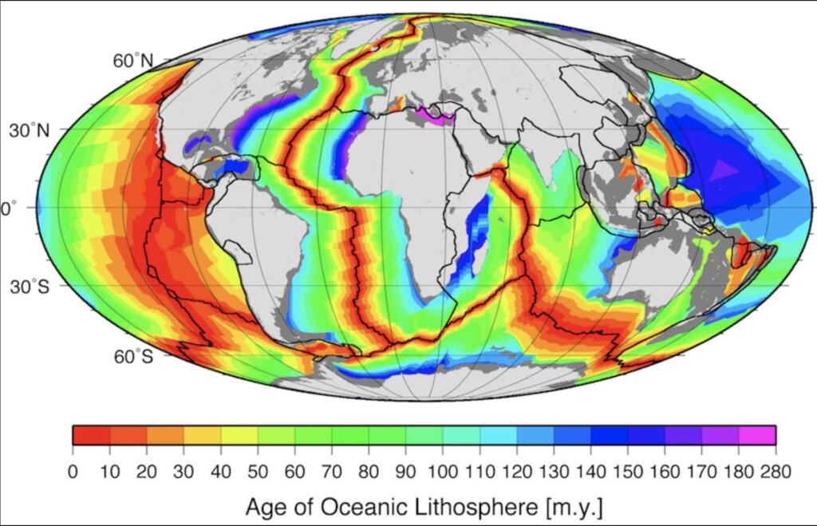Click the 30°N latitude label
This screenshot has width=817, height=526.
29,131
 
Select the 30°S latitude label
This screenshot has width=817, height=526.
29,287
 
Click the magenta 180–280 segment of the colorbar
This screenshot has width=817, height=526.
757,435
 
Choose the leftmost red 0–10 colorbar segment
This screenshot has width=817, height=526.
91,435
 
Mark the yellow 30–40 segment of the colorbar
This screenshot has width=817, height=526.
203,435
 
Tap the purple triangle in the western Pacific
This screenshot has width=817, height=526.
723,170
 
